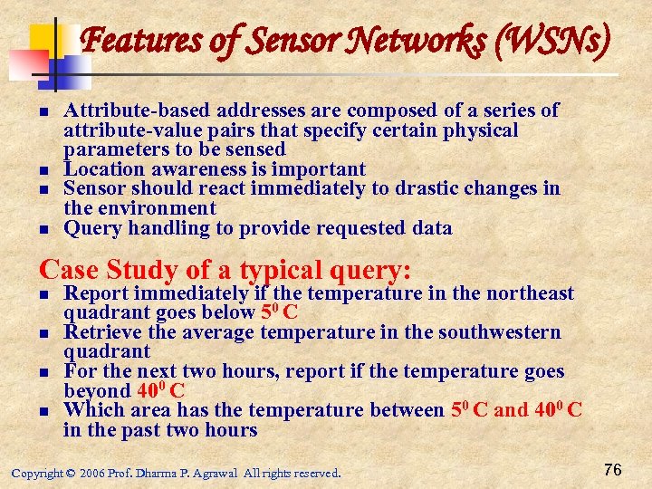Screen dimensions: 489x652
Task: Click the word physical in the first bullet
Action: pyautogui.click(x=477, y=130)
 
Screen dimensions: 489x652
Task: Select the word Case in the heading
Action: pyautogui.click(x=70, y=270)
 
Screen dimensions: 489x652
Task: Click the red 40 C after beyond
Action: pyautogui.click(x=164, y=391)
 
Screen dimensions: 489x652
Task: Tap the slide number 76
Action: pyautogui.click(x=612, y=470)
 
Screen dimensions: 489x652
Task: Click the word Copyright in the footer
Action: pyautogui.click(x=37, y=473)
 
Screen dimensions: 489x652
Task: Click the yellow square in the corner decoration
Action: pyautogui.click(x=45, y=38)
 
